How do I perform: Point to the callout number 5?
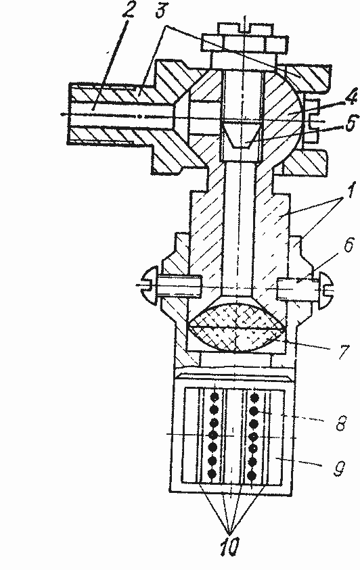350,124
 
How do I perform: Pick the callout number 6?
347,245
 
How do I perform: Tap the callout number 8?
340,422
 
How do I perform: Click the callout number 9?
339,468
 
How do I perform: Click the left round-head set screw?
172,286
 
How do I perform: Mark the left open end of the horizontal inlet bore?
70,114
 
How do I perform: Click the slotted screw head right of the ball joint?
313,120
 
